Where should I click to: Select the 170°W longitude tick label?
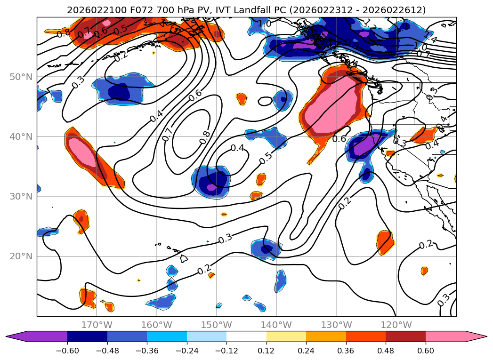[x=97, y=325]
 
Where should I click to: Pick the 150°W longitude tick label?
[x=217, y=325]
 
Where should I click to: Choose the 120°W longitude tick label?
[x=397, y=325]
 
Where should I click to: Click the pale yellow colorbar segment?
[x=286, y=336]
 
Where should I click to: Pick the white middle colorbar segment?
[x=246, y=336]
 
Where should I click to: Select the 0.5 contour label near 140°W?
[x=266, y=158]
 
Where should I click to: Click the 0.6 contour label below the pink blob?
[x=339, y=139]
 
